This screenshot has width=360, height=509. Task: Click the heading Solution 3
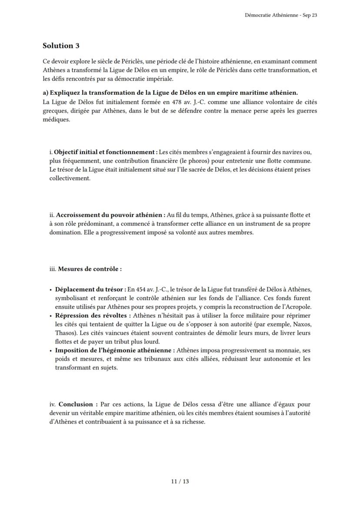pyautogui.click(x=61, y=46)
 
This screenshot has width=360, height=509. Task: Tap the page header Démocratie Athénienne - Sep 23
pyautogui.click(x=281, y=15)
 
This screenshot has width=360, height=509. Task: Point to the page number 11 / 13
pyautogui.click(x=180, y=481)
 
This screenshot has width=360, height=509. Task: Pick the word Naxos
pyautogui.click(x=300, y=324)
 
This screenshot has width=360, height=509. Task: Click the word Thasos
pyautogui.click(x=64, y=333)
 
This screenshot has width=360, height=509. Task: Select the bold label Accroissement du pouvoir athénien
pyautogui.click(x=110, y=215)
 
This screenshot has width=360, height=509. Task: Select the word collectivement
pyautogui.click(x=70, y=178)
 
